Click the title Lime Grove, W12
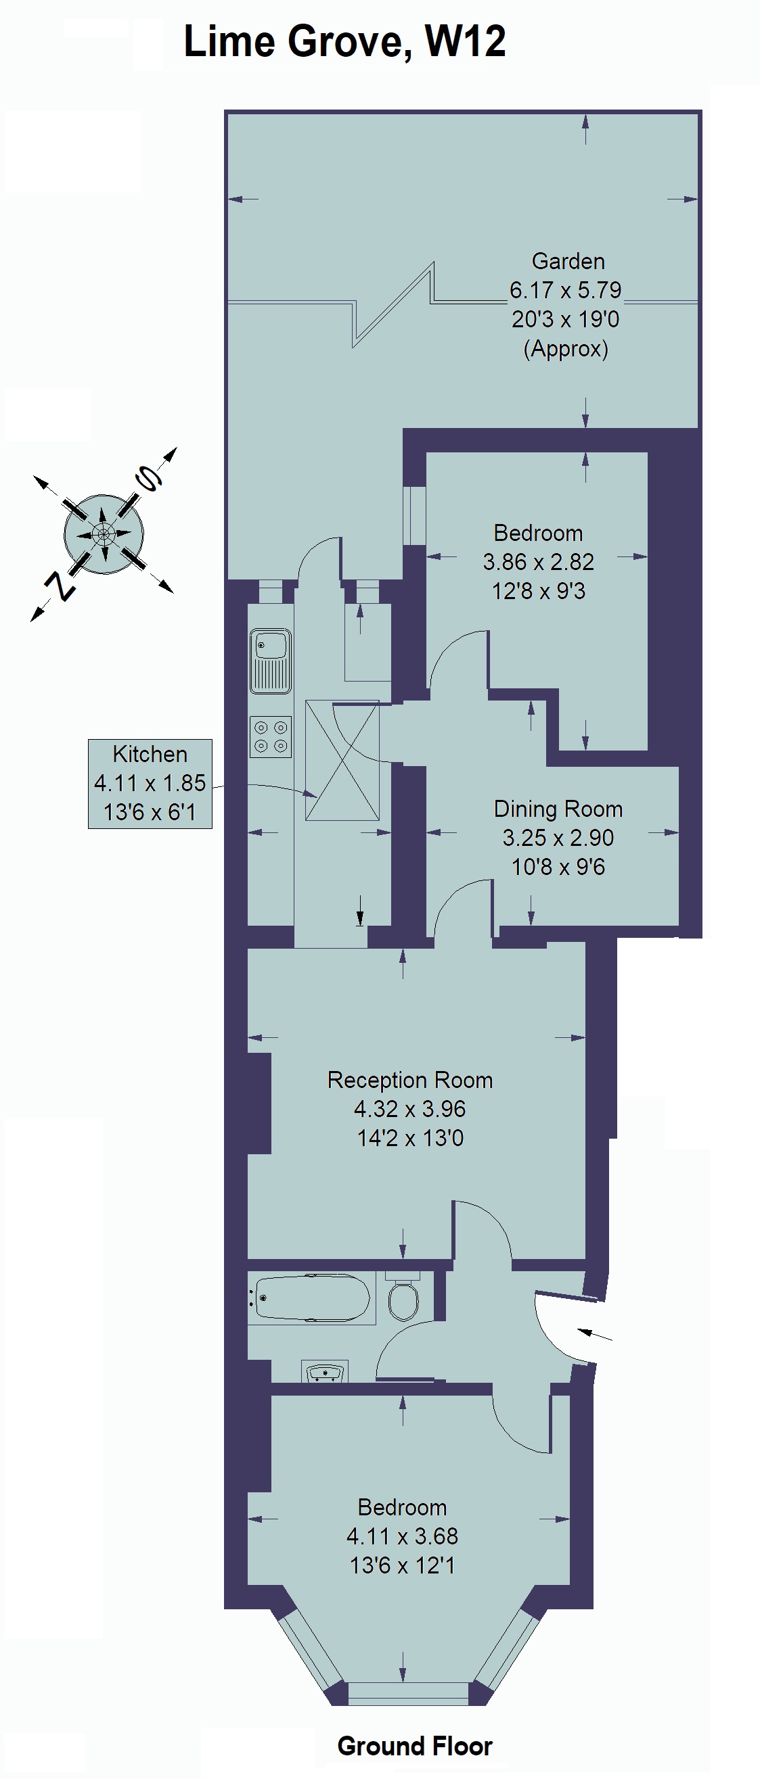pyautogui.click(x=344, y=41)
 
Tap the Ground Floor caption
pyautogui.click(x=415, y=1746)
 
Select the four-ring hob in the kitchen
pyautogui.click(x=270, y=736)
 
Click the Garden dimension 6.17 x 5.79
pyautogui.click(x=565, y=290)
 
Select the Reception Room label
pyautogui.click(x=410, y=1080)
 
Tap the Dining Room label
pyautogui.click(x=558, y=809)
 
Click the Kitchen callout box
pyautogui.click(x=150, y=783)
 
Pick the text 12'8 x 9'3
pyautogui.click(x=539, y=591)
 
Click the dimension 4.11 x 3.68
pyautogui.click(x=402, y=1536)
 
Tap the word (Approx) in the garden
pyautogui.click(x=566, y=349)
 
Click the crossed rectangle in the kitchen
pyautogui.click(x=342, y=761)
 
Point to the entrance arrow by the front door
pyautogui.click(x=594, y=1334)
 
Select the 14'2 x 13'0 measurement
pyautogui.click(x=410, y=1137)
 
